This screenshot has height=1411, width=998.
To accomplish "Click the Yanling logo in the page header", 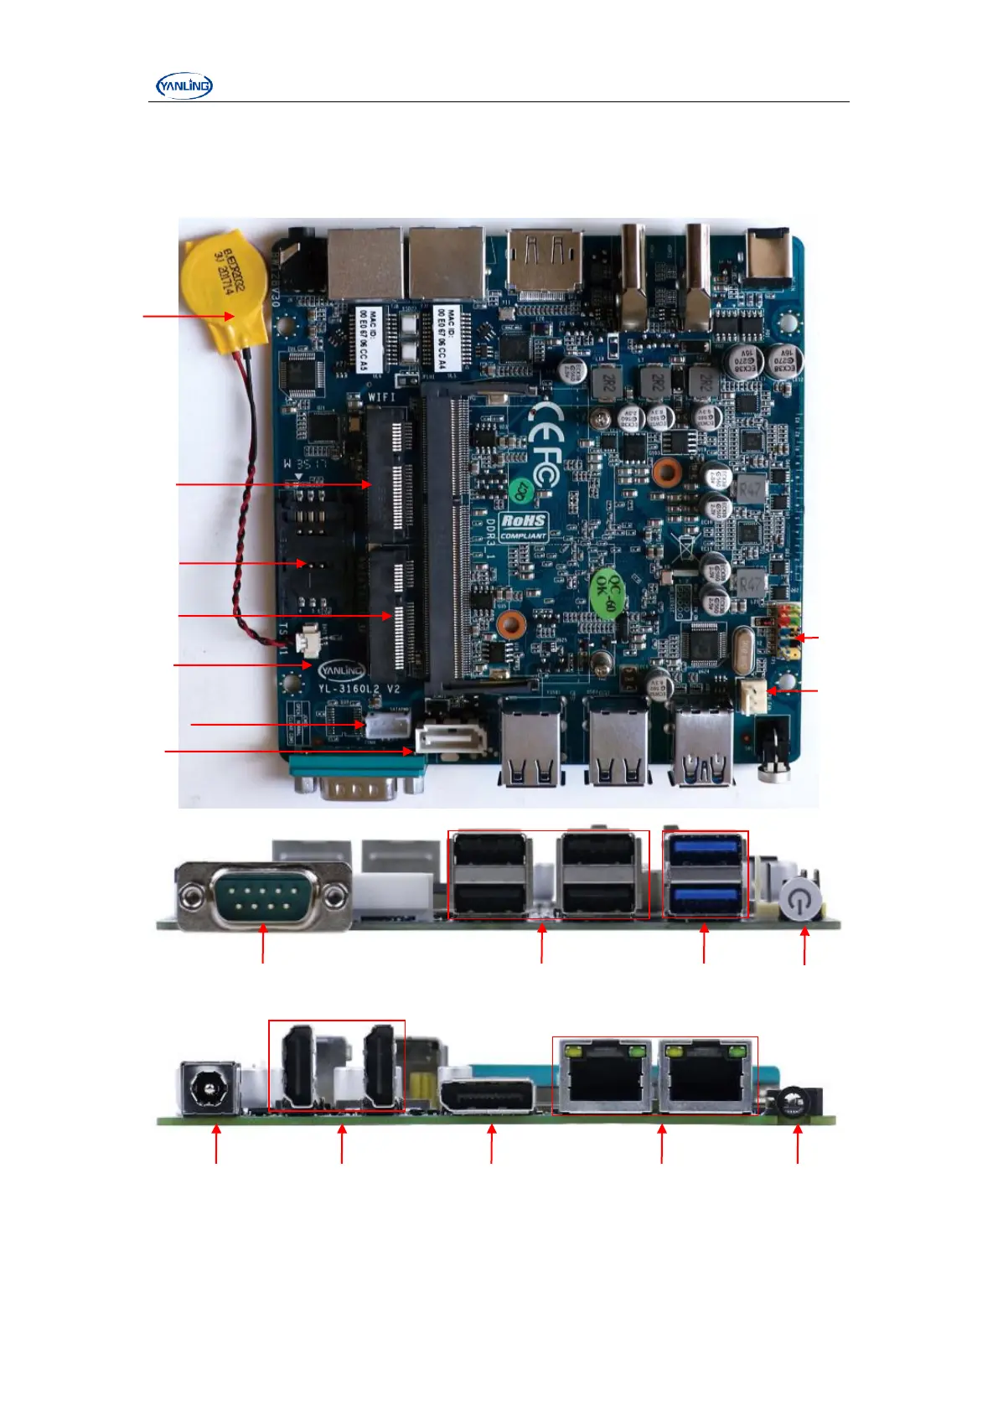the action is (x=184, y=85).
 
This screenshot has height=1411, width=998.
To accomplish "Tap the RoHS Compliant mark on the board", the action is (x=523, y=527).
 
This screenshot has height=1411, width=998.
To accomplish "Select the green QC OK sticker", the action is (x=608, y=592).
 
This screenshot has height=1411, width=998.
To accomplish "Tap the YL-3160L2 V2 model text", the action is (x=359, y=690).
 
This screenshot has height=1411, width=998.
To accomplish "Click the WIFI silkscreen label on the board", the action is (x=381, y=396).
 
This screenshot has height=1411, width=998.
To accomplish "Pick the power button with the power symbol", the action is (x=801, y=902).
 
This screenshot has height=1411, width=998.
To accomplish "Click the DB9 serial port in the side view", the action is (x=264, y=897).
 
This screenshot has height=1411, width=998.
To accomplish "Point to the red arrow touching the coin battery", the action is (x=189, y=316).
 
